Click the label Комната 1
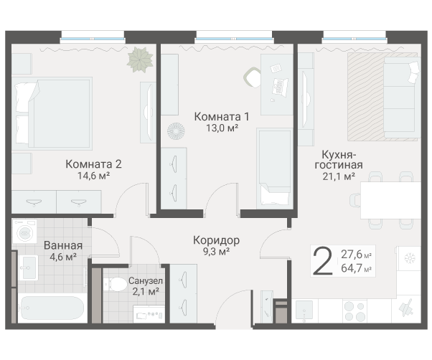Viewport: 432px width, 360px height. click(x=222, y=115)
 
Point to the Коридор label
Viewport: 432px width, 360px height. click(x=216, y=240)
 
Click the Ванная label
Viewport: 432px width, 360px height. click(x=63, y=245)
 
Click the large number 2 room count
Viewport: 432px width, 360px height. click(x=323, y=261)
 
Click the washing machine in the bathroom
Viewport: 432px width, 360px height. click(x=24, y=232)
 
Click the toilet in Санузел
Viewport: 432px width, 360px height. click(x=113, y=285)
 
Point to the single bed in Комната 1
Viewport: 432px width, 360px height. click(x=273, y=169)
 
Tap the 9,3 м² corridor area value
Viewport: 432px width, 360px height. click(x=216, y=252)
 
